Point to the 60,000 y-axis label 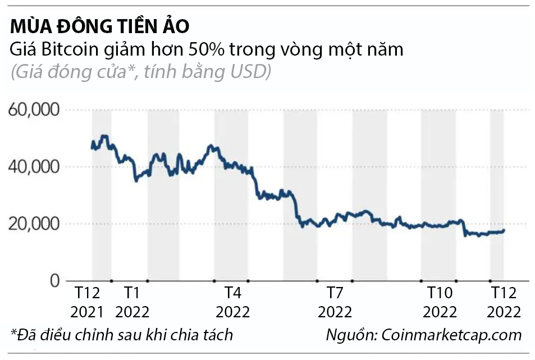tap(34, 110)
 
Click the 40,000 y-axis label tap(34, 167)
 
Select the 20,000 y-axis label tap(34, 224)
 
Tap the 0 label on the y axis tap(54, 280)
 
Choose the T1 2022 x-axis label tap(133, 302)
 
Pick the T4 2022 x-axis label tap(233, 302)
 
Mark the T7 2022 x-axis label tap(335, 302)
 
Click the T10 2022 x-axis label tap(440, 302)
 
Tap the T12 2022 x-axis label tap(504, 302)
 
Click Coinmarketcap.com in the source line tap(452, 335)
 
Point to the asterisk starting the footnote tap(13, 332)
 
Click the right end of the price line tap(504, 230)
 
